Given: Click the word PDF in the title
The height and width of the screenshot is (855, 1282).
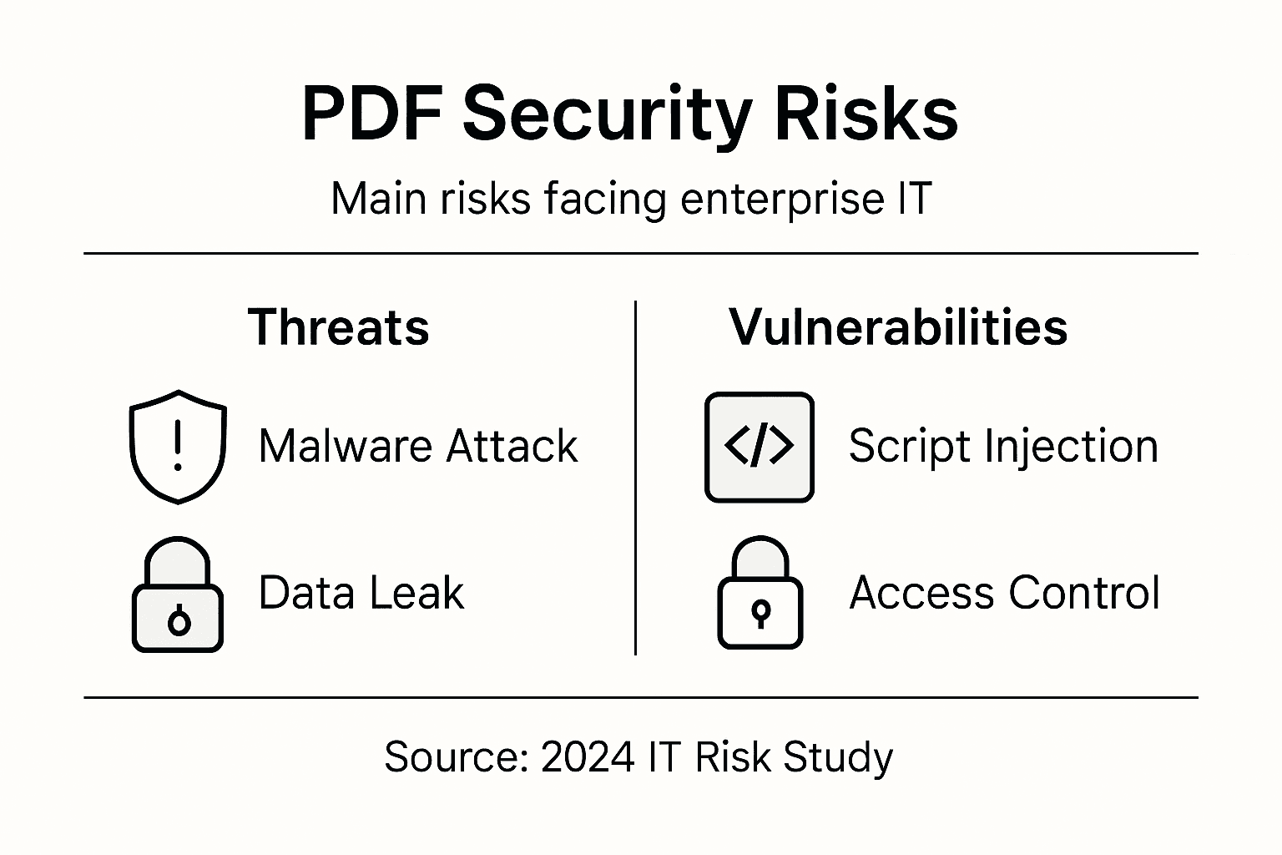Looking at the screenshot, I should point(371,114).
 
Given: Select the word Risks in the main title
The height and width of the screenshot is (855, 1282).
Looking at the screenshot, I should point(866,114).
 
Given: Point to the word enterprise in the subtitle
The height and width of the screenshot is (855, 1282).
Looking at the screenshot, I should point(774,200).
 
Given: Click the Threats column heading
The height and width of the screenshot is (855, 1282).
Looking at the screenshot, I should point(339,326).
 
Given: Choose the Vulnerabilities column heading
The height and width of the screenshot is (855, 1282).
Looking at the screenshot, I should point(898,326).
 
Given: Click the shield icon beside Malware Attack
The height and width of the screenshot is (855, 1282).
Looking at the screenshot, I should point(178,447).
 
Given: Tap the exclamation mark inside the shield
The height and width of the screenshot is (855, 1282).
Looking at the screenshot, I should point(178,445).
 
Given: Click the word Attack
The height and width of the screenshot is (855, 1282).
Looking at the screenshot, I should point(512,446).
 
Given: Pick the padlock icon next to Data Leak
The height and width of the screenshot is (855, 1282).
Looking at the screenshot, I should point(178,594).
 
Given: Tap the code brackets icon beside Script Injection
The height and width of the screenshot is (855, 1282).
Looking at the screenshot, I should point(759,447).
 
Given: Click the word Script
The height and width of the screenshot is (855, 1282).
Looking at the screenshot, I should point(909,446).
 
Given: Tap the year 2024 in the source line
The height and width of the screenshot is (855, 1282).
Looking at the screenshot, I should point(588,757).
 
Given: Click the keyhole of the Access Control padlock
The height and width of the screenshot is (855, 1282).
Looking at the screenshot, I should point(760,612).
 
